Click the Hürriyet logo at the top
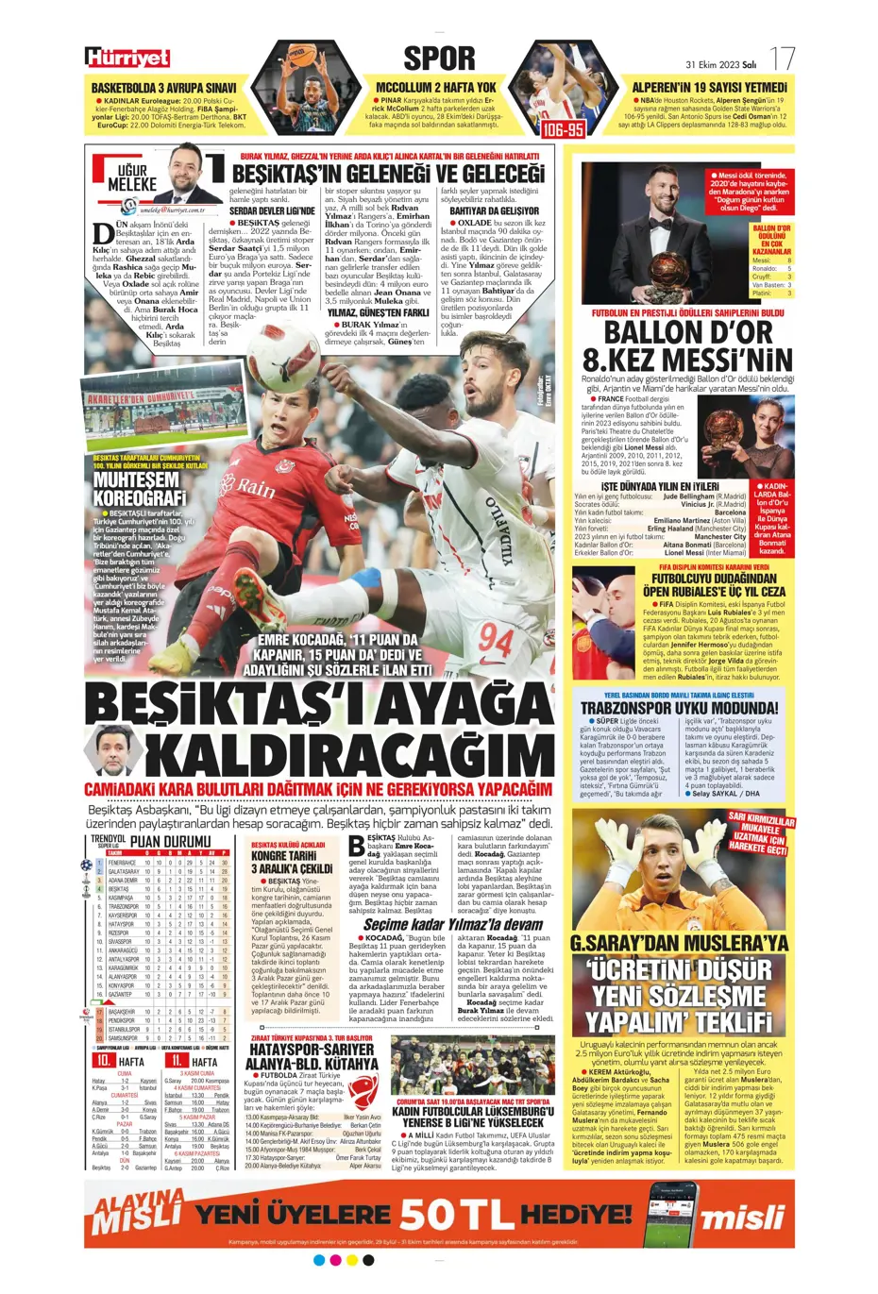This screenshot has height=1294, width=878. click(127, 59)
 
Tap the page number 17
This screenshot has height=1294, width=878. click(783, 59)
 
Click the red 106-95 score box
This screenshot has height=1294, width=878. click(563, 128)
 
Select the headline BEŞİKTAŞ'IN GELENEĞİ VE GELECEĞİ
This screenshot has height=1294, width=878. click(388, 174)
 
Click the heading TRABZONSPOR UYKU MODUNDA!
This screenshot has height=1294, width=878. click(679, 708)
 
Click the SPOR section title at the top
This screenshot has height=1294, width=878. click(439, 59)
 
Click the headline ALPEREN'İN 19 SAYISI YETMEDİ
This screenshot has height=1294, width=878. click(709, 87)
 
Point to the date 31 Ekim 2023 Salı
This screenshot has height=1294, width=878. click(720, 65)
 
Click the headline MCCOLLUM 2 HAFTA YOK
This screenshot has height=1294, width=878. click(435, 87)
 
